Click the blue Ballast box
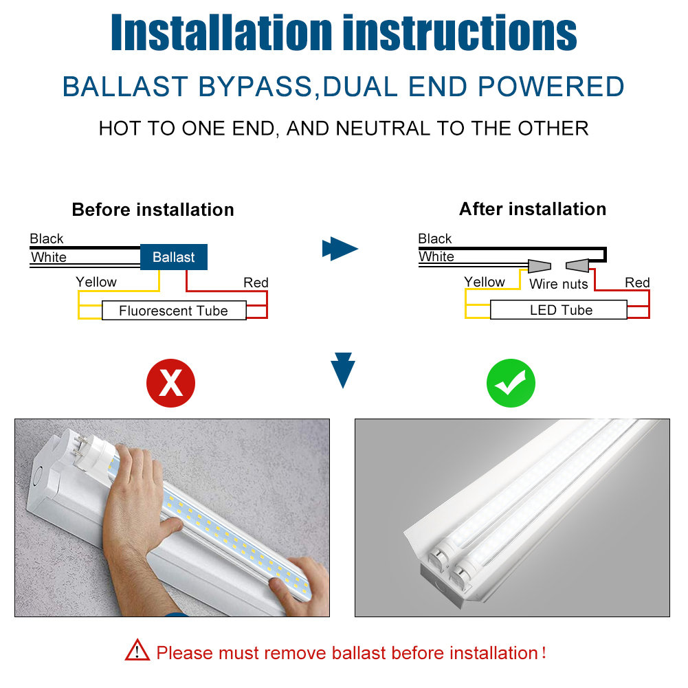pos(174,257)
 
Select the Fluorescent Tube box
pos(173,311)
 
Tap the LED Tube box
pos(561,310)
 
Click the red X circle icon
pos(170,383)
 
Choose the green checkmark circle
pos(511,383)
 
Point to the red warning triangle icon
pos(137,650)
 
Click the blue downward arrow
pos(342,370)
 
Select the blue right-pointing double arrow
pos(340,248)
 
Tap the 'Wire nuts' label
pos(558,284)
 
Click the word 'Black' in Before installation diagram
pos(47,238)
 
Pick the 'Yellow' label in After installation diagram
pos(484,282)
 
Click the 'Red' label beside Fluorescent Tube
pos(256,282)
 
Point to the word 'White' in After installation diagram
pos(436,256)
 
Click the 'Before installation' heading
pos(153,210)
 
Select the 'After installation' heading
pos(533,209)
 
